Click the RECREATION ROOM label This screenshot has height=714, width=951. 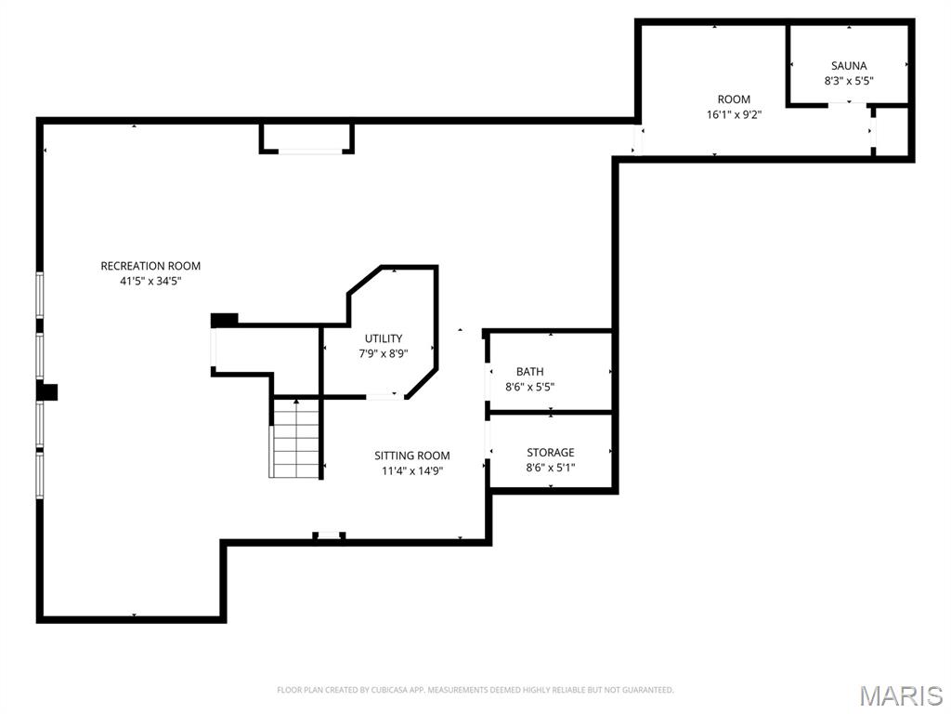(x=150, y=266)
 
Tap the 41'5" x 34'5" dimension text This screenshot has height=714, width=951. (x=150, y=281)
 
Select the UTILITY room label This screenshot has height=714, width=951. (x=384, y=338)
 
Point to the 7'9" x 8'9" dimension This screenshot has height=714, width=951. (x=384, y=353)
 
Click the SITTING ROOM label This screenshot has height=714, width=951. (x=412, y=456)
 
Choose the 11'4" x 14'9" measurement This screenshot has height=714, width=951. (x=412, y=470)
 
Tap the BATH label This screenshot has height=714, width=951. (x=530, y=372)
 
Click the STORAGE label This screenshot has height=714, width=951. (x=551, y=453)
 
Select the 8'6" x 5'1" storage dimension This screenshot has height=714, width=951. (x=551, y=468)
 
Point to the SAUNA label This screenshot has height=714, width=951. (x=849, y=66)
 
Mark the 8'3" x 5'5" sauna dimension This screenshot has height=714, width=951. (x=849, y=81)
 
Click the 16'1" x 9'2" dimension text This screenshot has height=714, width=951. (x=734, y=114)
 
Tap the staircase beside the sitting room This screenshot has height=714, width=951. (x=295, y=438)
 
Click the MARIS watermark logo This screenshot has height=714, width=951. (x=900, y=694)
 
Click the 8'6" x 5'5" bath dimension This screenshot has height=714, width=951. (x=530, y=387)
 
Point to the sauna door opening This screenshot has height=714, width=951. (x=848, y=105)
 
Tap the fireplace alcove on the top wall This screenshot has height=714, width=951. (x=306, y=138)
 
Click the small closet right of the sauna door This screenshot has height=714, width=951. (x=892, y=131)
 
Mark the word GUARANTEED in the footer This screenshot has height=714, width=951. (x=646, y=690)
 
